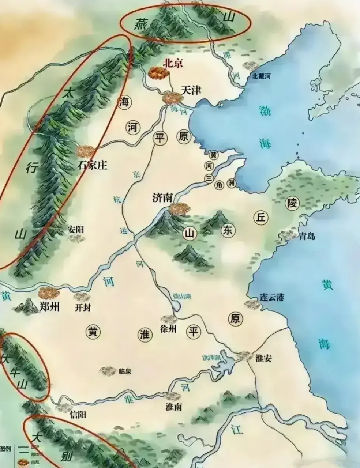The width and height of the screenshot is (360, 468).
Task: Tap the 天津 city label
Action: click(191, 90)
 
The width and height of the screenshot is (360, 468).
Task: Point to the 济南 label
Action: click(162, 198)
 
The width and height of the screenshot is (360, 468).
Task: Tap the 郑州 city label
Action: click(49, 306)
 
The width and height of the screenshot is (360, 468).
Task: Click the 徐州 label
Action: click(168, 329)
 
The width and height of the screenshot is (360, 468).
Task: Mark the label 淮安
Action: click(263, 358)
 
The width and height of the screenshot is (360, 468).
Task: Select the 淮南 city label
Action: click(173, 407)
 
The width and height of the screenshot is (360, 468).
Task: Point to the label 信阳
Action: click(78, 415)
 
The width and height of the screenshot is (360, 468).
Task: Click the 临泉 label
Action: click(125, 371)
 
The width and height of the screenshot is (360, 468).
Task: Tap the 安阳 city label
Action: click(76, 229)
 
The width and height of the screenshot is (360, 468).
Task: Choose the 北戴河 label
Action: click(261, 76)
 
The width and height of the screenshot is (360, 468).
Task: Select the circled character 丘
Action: click(260, 218)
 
